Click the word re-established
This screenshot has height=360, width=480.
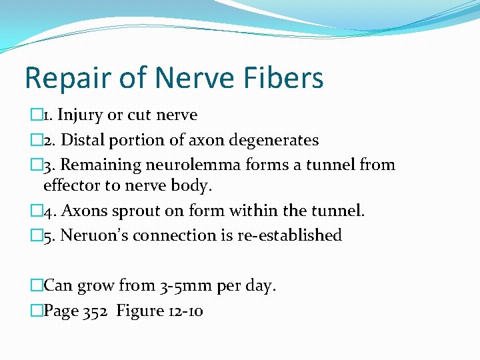[289, 235]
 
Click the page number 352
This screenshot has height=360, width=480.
[96, 311]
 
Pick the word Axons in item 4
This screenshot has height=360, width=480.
[79, 211]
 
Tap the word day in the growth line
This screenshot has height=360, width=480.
[259, 287]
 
